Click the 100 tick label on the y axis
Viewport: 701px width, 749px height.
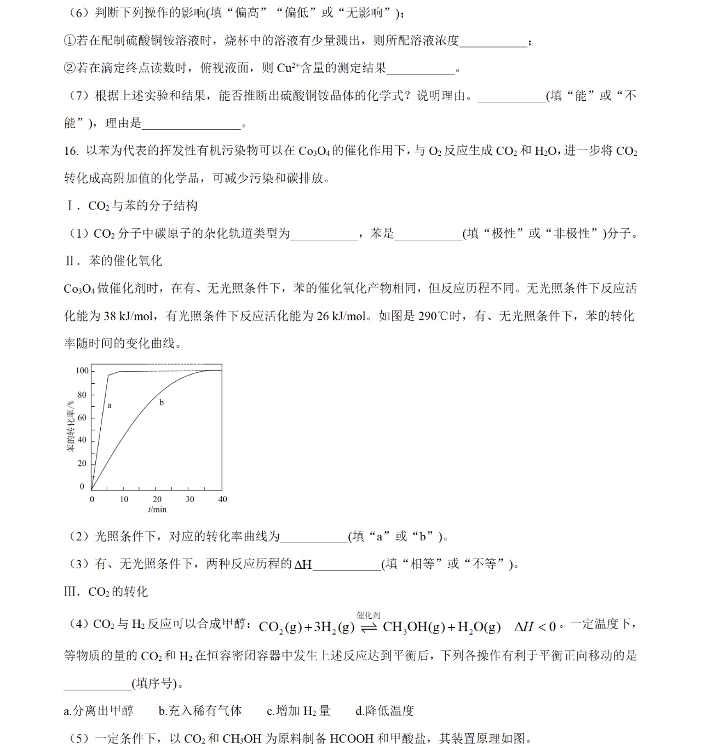pos(82,371)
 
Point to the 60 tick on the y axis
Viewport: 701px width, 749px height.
pos(82,418)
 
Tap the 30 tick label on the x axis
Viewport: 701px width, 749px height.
pos(189,499)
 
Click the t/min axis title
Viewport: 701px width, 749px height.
pos(157,509)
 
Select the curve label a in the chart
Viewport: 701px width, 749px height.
pos(110,406)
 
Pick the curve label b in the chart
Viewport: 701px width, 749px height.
pos(162,403)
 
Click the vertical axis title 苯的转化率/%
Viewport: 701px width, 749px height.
pos(71,427)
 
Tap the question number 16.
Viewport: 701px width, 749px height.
pos(71,151)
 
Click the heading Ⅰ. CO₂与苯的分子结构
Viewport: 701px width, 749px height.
pos(131,206)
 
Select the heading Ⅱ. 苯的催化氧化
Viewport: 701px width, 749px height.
pos(113,261)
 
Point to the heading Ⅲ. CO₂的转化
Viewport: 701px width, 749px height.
pos(106,591)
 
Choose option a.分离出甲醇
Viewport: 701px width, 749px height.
pos(99,711)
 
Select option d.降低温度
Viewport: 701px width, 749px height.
pos(384,711)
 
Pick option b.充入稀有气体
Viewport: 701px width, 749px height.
pos(200,711)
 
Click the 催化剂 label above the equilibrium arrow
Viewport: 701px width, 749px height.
pos(369,615)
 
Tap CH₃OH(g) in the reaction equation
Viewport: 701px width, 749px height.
pos(413,627)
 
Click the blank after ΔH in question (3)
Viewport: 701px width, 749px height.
pos(347,564)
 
